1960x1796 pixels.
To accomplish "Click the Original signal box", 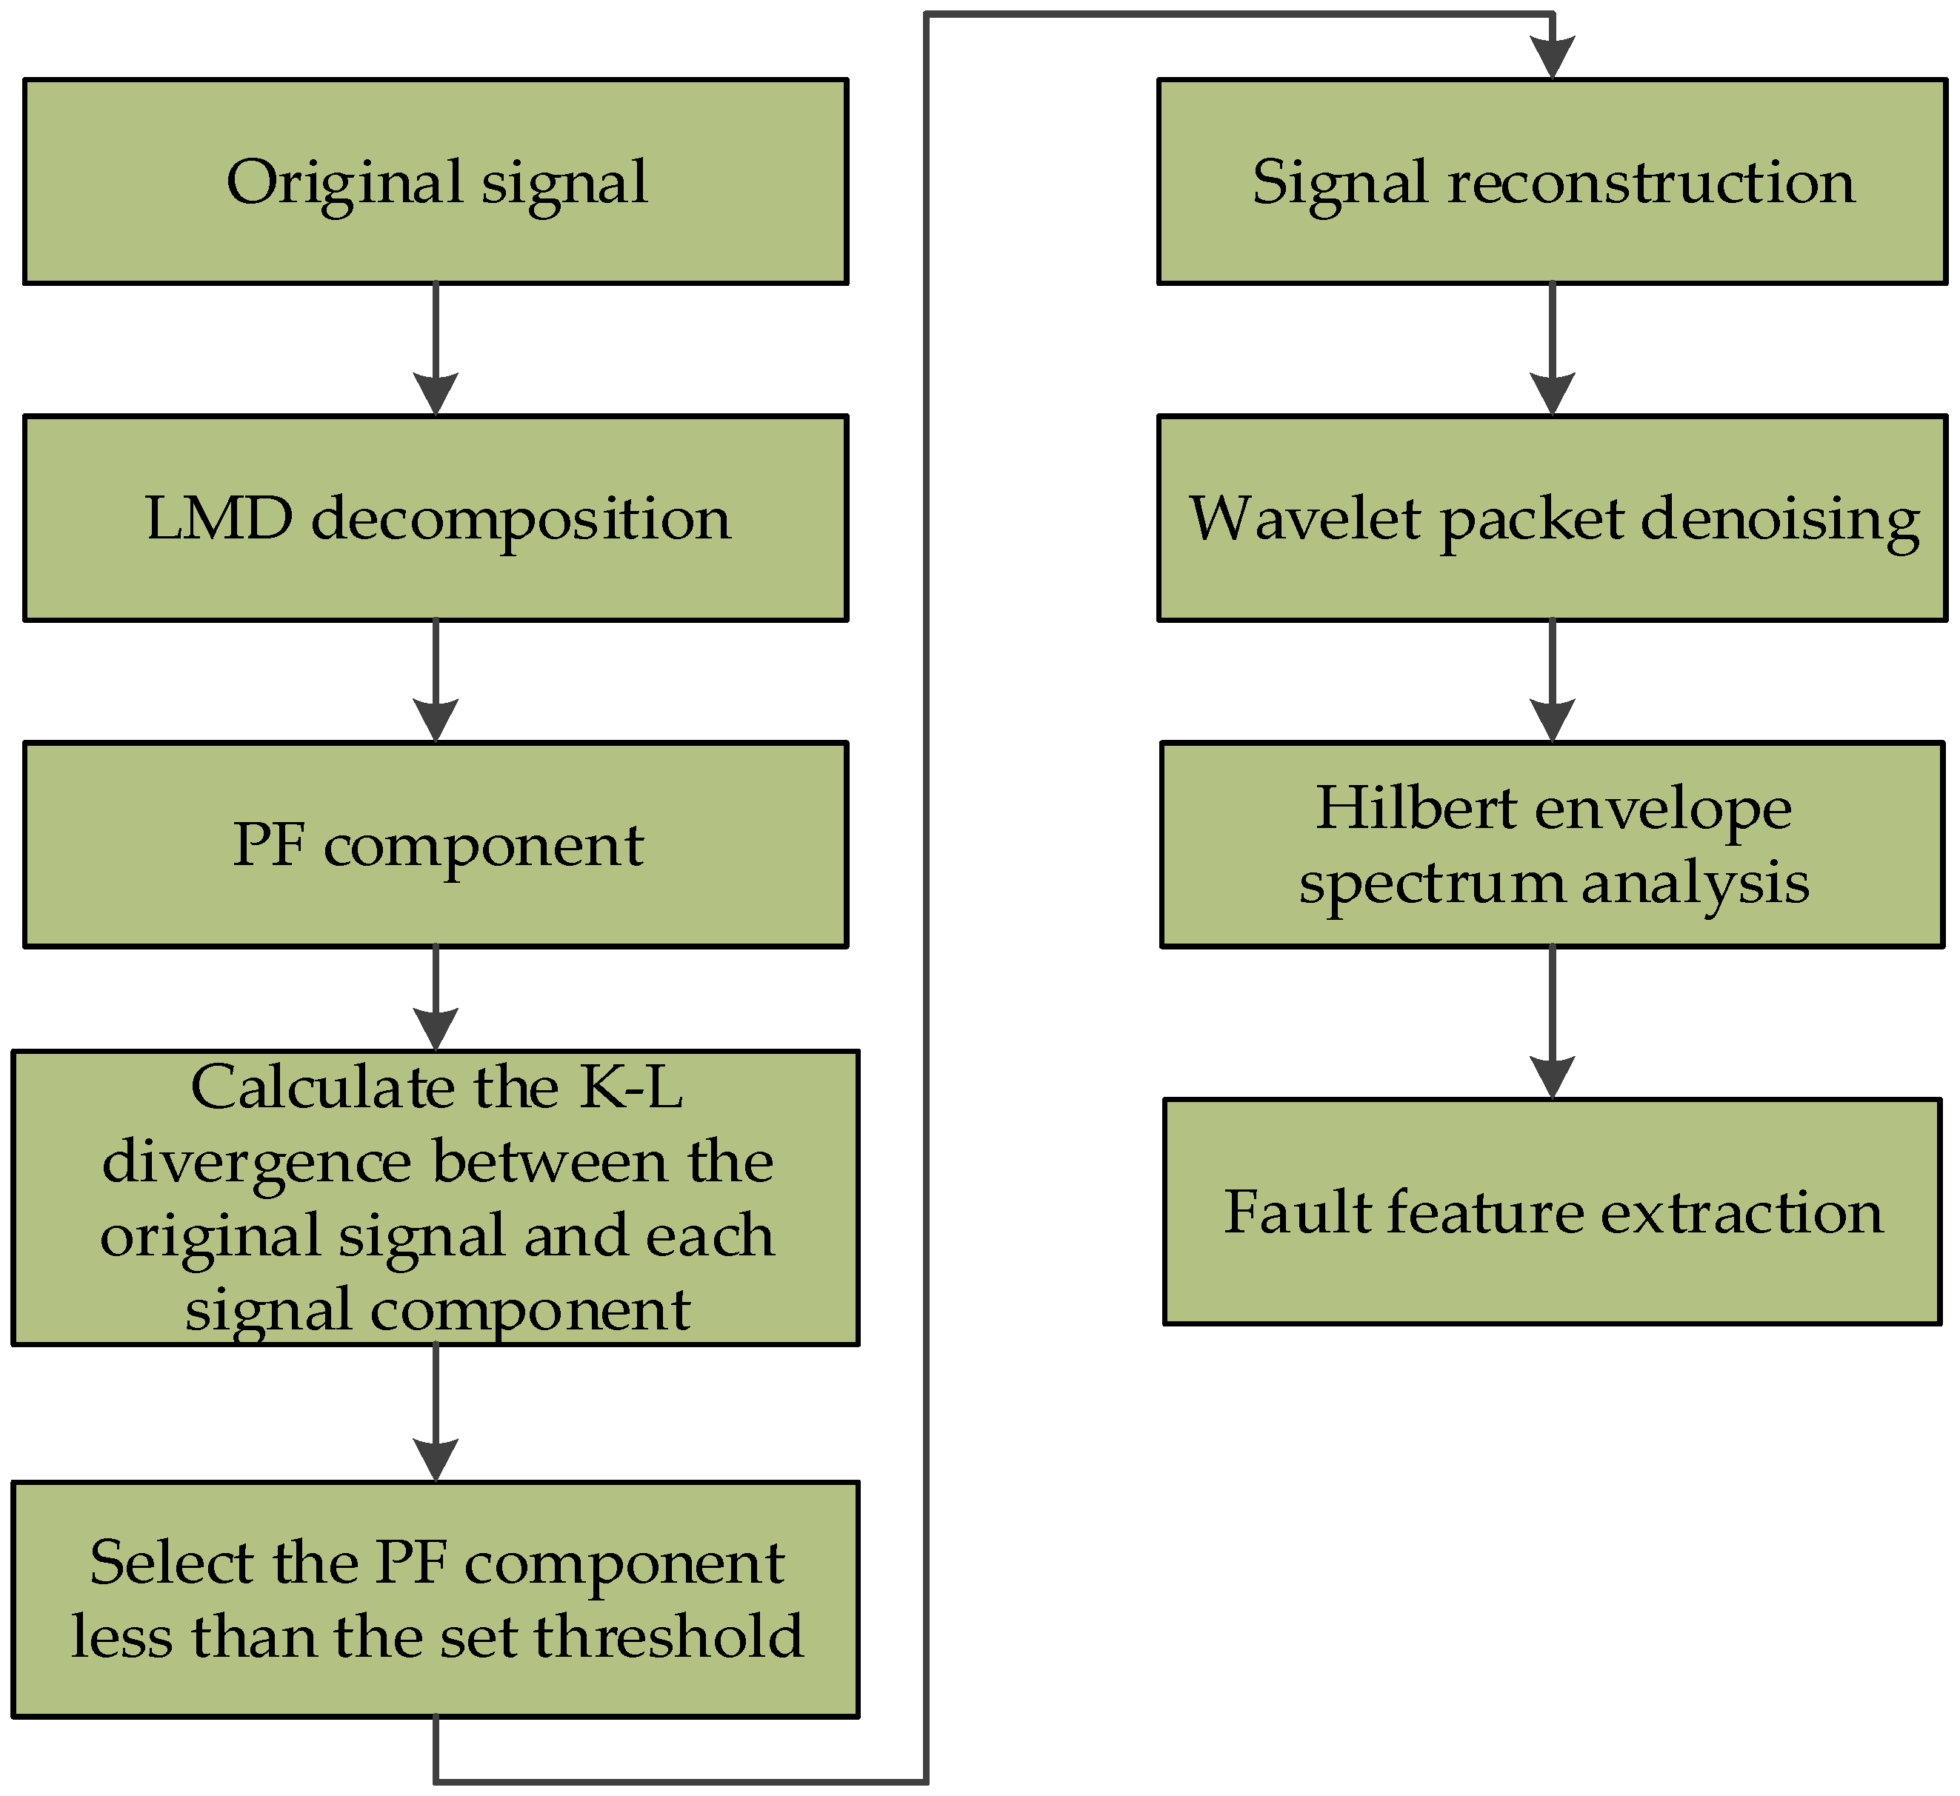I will click(436, 181).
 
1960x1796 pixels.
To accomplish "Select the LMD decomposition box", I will click(436, 518).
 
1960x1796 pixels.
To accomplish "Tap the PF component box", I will click(436, 844).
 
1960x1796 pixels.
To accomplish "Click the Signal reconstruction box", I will click(1552, 181).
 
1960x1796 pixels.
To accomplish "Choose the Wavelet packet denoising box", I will click(1552, 518).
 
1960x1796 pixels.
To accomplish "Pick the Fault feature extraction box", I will click(1552, 1212).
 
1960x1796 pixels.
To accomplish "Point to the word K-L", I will click(632, 1086).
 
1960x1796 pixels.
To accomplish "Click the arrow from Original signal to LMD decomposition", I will click(436, 350).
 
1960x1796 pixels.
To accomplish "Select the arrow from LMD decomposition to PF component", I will click(436, 681).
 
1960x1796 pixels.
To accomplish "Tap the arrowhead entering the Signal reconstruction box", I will click(1553, 56).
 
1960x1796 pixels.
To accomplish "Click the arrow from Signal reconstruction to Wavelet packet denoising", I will click(1552, 350).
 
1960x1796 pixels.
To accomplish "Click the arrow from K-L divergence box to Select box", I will click(436, 1413).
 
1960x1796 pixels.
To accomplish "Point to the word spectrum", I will click(1431, 883).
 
